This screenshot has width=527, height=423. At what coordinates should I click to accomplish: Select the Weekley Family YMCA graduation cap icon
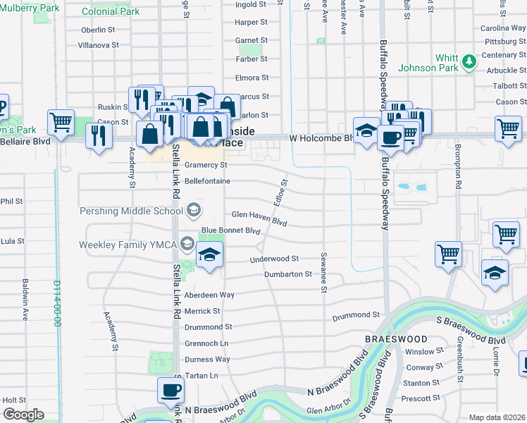[x=187, y=245]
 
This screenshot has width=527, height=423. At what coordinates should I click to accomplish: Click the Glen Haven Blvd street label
[x=259, y=214]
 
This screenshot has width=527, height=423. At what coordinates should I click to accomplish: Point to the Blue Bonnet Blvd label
[x=231, y=231]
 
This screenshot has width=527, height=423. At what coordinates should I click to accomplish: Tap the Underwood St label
[x=274, y=259]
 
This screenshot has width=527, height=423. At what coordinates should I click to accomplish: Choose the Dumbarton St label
[x=287, y=274]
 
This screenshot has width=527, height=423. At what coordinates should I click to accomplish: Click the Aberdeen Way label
[x=209, y=295]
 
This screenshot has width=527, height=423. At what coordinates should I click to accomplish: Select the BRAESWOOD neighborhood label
[x=396, y=339]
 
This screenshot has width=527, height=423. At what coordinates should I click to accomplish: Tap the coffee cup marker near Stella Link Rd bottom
[x=170, y=390]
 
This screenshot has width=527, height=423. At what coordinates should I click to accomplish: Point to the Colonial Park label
[x=111, y=12]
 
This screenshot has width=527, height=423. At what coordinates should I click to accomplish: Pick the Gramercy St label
[x=206, y=165]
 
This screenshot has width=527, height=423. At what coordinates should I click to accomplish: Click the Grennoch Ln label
[x=206, y=343]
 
